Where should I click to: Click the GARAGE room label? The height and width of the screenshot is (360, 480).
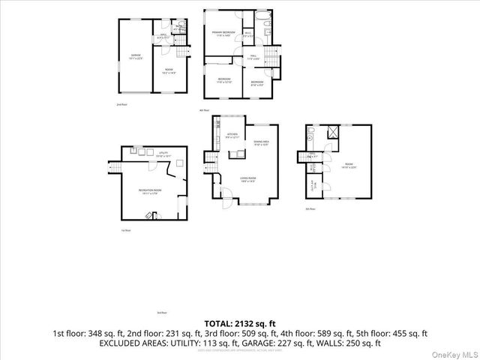(136, 55)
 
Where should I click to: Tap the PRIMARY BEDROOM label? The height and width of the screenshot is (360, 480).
(223, 33)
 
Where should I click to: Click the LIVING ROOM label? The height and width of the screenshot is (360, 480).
(248, 178)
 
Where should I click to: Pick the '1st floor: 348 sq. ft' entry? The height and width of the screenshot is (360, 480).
(85, 333)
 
